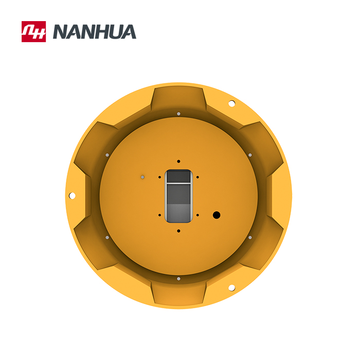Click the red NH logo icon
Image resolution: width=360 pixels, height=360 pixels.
(x=33, y=31)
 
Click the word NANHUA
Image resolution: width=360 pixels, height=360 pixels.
(x=95, y=32)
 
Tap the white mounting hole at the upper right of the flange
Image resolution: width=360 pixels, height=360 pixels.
(x=231, y=103)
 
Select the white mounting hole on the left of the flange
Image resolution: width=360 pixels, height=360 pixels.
(x=72, y=195)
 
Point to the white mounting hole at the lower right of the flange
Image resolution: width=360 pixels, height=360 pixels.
(x=231, y=287)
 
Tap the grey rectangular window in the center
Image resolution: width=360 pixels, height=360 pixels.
(x=179, y=196)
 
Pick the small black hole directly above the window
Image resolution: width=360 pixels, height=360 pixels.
(x=178, y=161)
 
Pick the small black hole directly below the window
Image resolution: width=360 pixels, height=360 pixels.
(x=178, y=231)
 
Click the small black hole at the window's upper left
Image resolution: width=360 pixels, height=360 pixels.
(x=159, y=177)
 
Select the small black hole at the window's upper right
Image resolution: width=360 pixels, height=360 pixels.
(x=197, y=177)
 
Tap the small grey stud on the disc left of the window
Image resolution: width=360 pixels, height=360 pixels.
(x=142, y=177)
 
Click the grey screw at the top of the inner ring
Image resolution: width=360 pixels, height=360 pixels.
(x=178, y=114)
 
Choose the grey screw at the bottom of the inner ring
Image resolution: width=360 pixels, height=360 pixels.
(x=178, y=278)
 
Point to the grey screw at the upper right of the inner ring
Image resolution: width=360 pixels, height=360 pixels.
(x=250, y=155)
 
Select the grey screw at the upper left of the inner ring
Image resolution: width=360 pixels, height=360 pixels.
(x=107, y=155)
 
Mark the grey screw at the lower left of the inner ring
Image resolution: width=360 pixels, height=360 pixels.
(x=107, y=237)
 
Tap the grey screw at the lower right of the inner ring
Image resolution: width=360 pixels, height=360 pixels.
(x=250, y=237)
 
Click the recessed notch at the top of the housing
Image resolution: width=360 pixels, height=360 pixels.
(x=178, y=98)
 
